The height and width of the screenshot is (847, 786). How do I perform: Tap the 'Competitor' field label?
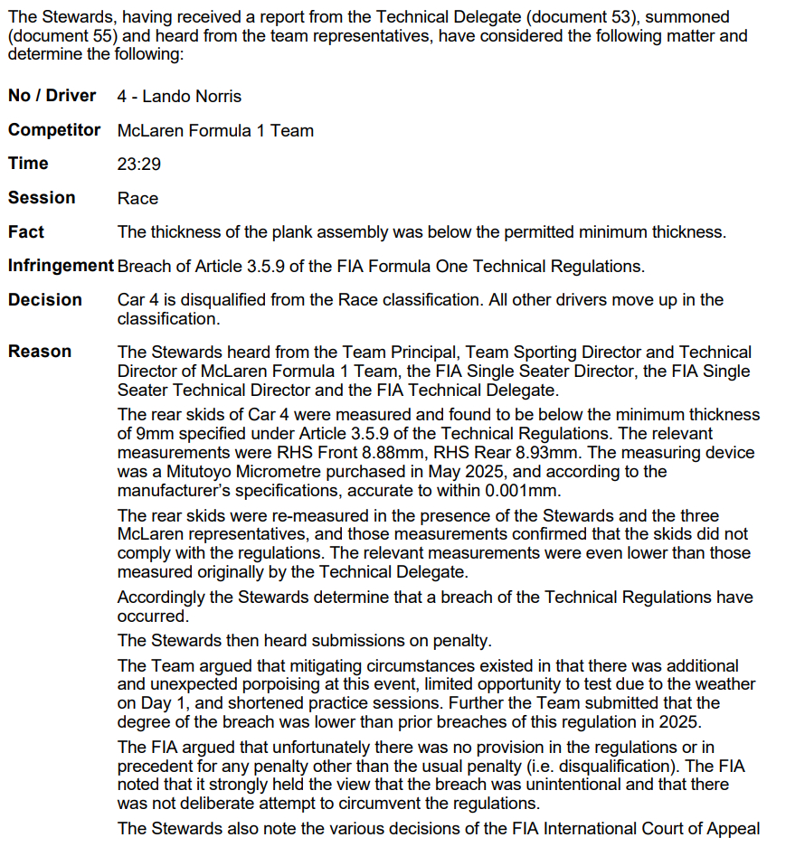(x=54, y=130)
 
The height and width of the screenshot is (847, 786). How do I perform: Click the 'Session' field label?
(x=42, y=198)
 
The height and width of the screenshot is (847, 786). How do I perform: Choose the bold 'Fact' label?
(x=26, y=232)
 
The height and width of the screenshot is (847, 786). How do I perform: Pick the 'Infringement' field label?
(x=61, y=267)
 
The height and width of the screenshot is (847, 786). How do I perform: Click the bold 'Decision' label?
(x=45, y=300)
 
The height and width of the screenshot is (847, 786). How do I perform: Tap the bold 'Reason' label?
(x=40, y=352)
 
